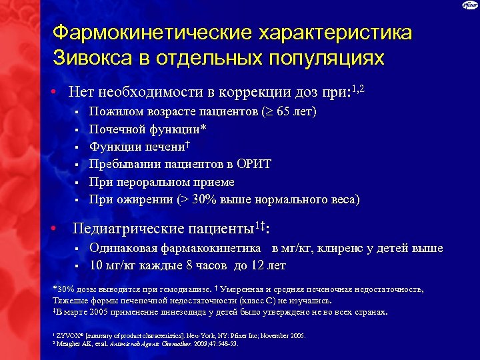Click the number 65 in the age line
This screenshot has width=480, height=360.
click(271, 111)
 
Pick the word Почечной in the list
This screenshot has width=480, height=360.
click(118, 129)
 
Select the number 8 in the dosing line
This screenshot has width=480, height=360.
click(189, 266)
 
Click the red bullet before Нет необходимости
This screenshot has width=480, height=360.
click(52, 91)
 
